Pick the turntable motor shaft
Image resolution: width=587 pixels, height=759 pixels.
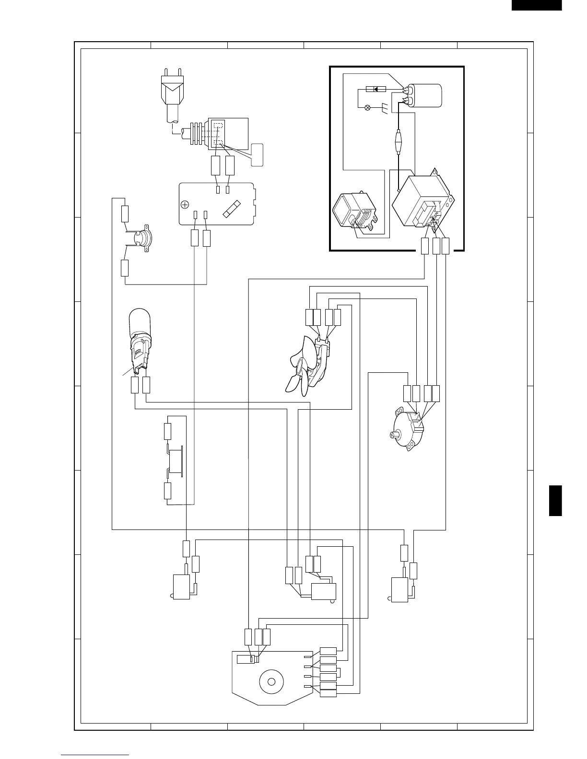[x=394, y=435]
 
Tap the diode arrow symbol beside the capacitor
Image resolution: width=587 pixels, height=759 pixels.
[x=375, y=89]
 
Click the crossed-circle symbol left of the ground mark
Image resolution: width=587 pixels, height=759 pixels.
[x=368, y=107]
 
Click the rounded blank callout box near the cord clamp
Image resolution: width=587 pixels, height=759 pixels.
[x=257, y=155]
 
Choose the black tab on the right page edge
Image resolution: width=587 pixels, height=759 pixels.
[x=555, y=500]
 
